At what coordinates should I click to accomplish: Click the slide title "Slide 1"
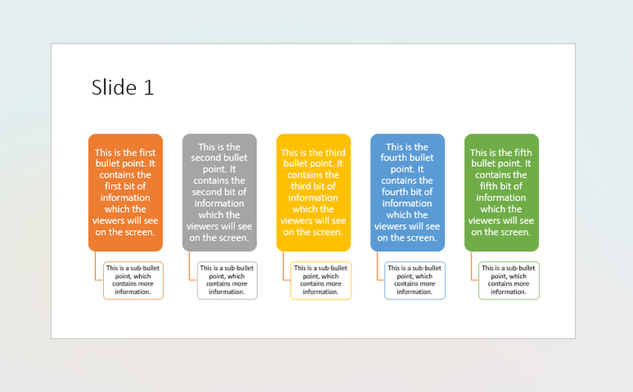(123, 88)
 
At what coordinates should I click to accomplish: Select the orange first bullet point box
(125, 193)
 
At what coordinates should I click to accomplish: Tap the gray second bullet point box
(219, 193)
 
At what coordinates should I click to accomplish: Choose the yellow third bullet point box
(314, 193)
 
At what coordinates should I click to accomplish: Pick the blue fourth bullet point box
(408, 193)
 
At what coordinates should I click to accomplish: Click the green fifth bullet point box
(502, 193)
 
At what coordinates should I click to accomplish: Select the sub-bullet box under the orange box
(133, 280)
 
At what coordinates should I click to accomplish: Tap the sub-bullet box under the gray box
(228, 280)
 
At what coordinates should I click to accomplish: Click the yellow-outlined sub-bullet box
(321, 280)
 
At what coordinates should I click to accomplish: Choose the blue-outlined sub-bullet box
(415, 280)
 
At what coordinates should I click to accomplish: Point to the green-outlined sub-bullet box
(509, 280)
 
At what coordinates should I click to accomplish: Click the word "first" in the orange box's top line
(147, 152)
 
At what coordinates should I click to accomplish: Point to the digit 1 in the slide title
(148, 88)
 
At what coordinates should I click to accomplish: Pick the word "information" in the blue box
(407, 203)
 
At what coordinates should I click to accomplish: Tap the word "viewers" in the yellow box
(296, 221)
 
